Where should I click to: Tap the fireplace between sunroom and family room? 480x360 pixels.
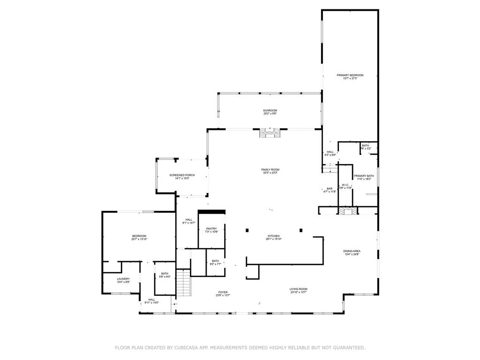[270, 134]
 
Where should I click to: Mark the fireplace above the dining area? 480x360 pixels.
[347, 211]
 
